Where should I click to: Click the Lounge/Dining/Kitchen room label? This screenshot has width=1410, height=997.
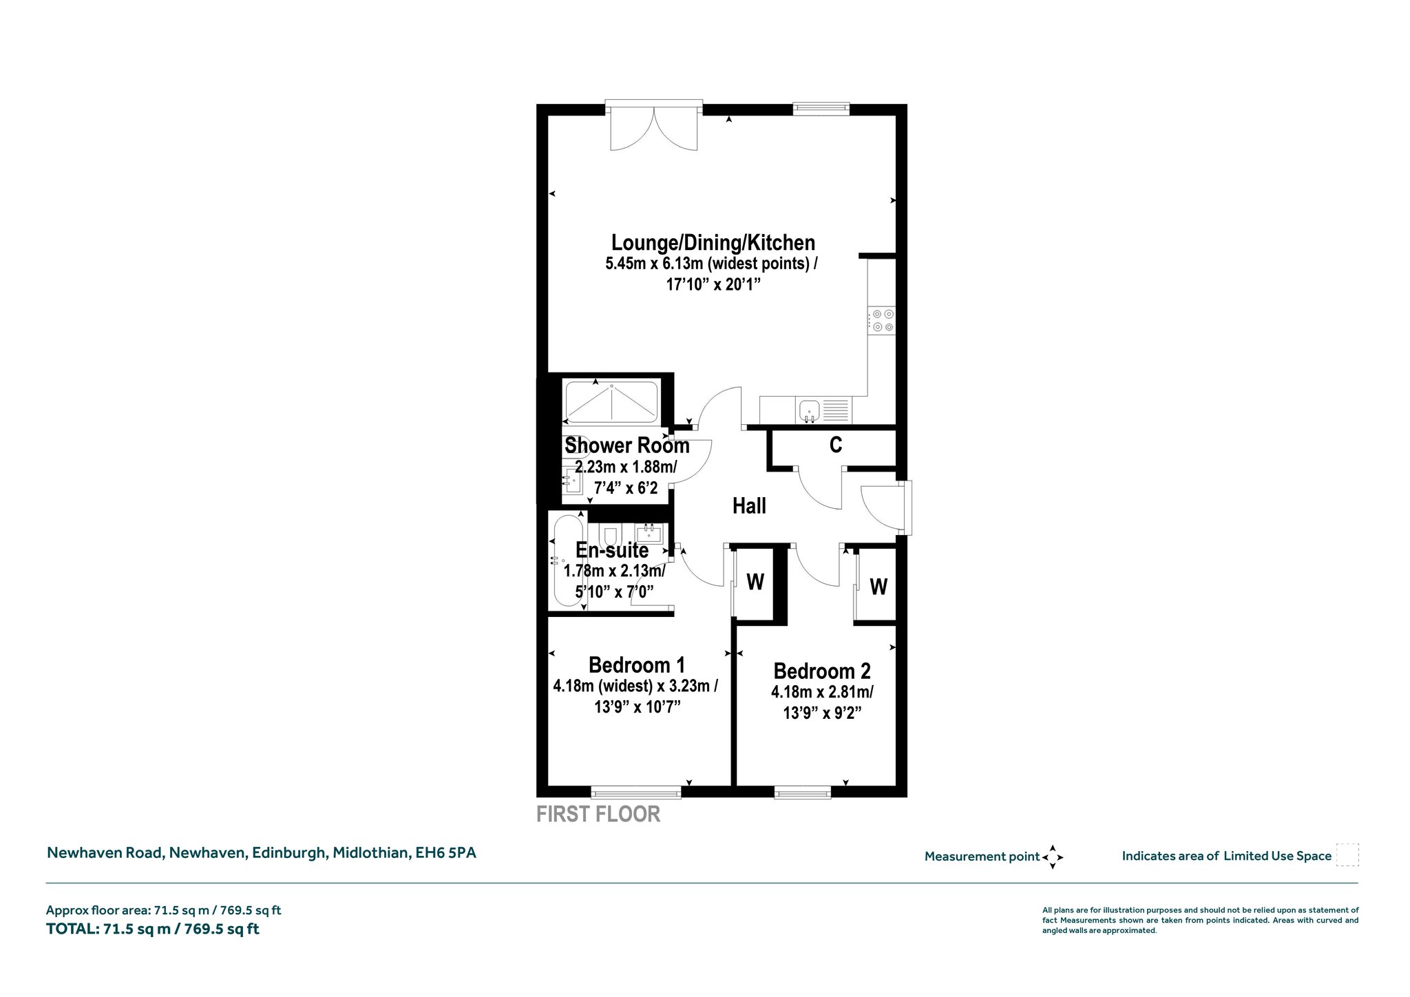point(713,243)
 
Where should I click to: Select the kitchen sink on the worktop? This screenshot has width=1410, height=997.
point(809,410)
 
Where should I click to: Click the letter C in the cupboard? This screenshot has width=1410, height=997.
point(836,445)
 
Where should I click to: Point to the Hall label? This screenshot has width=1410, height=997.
point(749,507)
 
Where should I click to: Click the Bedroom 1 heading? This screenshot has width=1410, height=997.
point(637,665)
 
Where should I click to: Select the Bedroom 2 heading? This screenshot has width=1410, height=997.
point(822,671)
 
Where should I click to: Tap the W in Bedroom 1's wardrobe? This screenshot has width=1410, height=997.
point(755,583)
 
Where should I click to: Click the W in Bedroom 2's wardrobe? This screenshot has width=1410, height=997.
point(878,587)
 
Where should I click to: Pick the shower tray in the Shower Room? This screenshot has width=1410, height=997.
point(611,402)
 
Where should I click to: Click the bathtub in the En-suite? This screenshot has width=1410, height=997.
point(569,561)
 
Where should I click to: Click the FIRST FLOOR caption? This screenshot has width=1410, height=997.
point(598,814)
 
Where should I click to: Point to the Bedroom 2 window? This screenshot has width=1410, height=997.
point(803,793)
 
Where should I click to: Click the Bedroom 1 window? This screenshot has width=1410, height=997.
point(636,793)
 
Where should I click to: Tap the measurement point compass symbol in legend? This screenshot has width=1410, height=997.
point(1053,857)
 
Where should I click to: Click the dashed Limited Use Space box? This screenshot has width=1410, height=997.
point(1347,855)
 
